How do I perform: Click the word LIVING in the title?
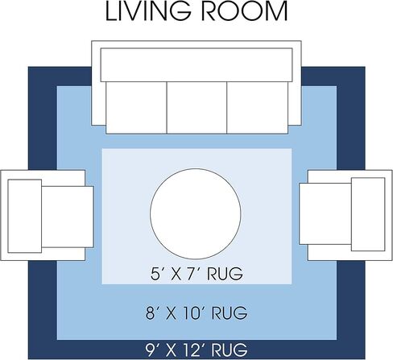148,11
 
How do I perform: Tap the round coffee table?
196,214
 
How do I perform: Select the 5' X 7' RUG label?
196,274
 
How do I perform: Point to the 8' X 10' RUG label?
196,312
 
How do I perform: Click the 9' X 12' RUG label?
196,350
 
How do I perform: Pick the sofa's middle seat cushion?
196,107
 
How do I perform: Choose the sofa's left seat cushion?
136,107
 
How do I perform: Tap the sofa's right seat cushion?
258,107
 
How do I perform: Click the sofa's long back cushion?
196,64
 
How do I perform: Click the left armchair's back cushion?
25,216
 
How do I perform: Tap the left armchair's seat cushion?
68,217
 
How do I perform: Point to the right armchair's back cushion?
368,214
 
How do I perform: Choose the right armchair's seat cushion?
325,214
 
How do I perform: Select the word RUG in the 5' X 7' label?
225,274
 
